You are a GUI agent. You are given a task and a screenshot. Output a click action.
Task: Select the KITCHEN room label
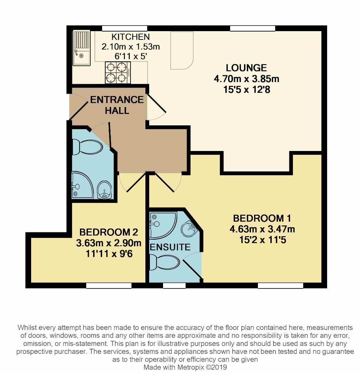[x=130, y=37]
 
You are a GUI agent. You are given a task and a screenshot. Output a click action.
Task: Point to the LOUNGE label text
[x=246, y=68]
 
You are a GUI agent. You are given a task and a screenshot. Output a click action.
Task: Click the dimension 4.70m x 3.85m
[x=246, y=79]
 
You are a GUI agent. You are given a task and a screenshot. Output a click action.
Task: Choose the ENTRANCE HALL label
[x=117, y=105]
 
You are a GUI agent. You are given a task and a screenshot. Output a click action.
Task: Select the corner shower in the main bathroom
[x=81, y=185]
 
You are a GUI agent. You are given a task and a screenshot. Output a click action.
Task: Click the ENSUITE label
[x=170, y=247]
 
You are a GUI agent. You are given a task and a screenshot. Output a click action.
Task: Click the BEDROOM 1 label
[x=262, y=219]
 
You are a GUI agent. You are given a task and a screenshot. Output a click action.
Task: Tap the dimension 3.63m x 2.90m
[x=109, y=243]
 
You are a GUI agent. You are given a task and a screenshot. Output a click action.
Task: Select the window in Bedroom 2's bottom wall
[x=109, y=286]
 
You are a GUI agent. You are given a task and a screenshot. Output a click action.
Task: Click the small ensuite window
[x=174, y=286]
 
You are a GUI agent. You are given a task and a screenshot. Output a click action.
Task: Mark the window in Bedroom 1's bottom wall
[x=280, y=286]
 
